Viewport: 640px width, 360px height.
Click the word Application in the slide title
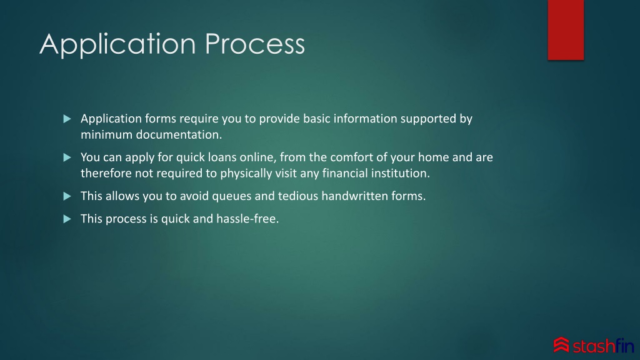click(x=117, y=45)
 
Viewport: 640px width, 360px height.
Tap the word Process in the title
click(x=255, y=44)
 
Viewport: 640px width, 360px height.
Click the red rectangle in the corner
click(x=566, y=30)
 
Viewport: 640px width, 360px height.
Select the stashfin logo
click(x=594, y=345)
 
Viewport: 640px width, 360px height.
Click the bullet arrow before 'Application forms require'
click(x=67, y=119)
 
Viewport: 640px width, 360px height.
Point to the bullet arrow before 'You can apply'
click(x=67, y=157)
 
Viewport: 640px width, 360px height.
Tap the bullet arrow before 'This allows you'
click(x=67, y=196)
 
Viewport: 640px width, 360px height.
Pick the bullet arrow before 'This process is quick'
click(x=67, y=219)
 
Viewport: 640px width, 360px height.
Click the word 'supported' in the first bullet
click(x=428, y=119)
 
